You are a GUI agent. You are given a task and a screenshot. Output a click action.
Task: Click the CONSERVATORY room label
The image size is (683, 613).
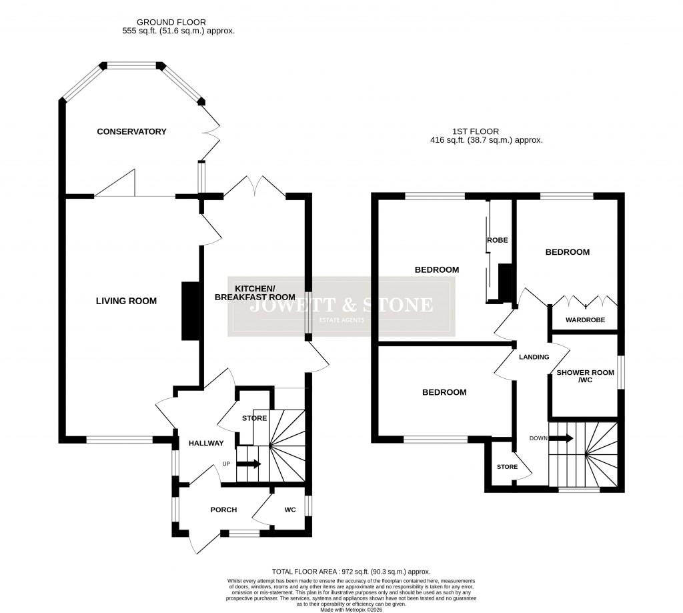(x=131, y=131)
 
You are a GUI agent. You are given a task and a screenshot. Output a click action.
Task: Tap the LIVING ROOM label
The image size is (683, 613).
(x=125, y=301)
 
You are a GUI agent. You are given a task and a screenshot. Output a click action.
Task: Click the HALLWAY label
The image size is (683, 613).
(x=206, y=444)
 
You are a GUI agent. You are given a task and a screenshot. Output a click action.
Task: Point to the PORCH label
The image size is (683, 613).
(x=223, y=510)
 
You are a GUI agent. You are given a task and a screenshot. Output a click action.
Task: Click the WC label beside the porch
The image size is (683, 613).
(x=290, y=510)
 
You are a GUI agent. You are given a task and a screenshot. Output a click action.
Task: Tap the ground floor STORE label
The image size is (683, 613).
(x=254, y=418)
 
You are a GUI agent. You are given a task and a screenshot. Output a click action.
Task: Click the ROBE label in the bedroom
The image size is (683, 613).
(x=497, y=240)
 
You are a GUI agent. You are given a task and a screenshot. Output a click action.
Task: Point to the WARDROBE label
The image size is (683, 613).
(x=585, y=320)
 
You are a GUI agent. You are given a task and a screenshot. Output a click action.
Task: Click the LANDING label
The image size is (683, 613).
(x=534, y=357)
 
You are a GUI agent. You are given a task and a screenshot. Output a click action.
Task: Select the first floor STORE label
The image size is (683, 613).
(x=507, y=467)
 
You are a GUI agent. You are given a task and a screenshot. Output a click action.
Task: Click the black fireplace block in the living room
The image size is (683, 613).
(x=189, y=312)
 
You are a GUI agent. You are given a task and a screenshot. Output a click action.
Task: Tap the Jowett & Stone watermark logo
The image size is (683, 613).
(x=341, y=307)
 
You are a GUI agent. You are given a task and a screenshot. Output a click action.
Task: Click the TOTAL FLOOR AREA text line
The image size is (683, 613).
(x=351, y=572)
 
